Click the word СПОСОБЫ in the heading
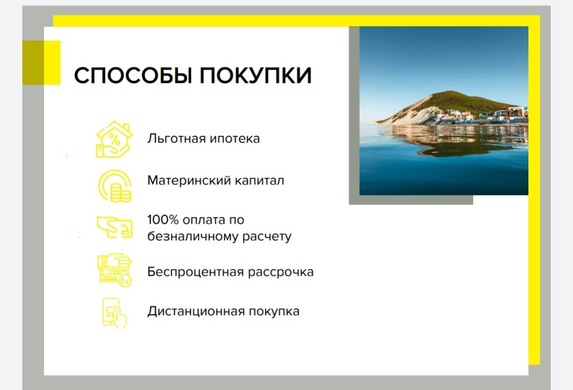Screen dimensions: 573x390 pyautogui.click(x=133, y=75)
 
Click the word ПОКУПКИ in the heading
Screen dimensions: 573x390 pyautogui.click(x=255, y=75)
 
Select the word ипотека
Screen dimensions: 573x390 pyautogui.click(x=235, y=139)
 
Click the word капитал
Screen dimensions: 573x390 pyautogui.click(x=259, y=180)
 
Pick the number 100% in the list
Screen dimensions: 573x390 pyautogui.click(x=163, y=220)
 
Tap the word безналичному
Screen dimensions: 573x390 pyautogui.click(x=192, y=237)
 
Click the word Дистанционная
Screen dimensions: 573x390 pyautogui.click(x=195, y=311)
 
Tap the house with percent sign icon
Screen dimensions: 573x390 pyautogui.click(x=115, y=139)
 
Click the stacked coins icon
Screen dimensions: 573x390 pyautogui.click(x=115, y=186)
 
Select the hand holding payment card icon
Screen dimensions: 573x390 pyautogui.click(x=115, y=227)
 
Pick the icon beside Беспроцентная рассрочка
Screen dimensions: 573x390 pyautogui.click(x=115, y=270)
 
